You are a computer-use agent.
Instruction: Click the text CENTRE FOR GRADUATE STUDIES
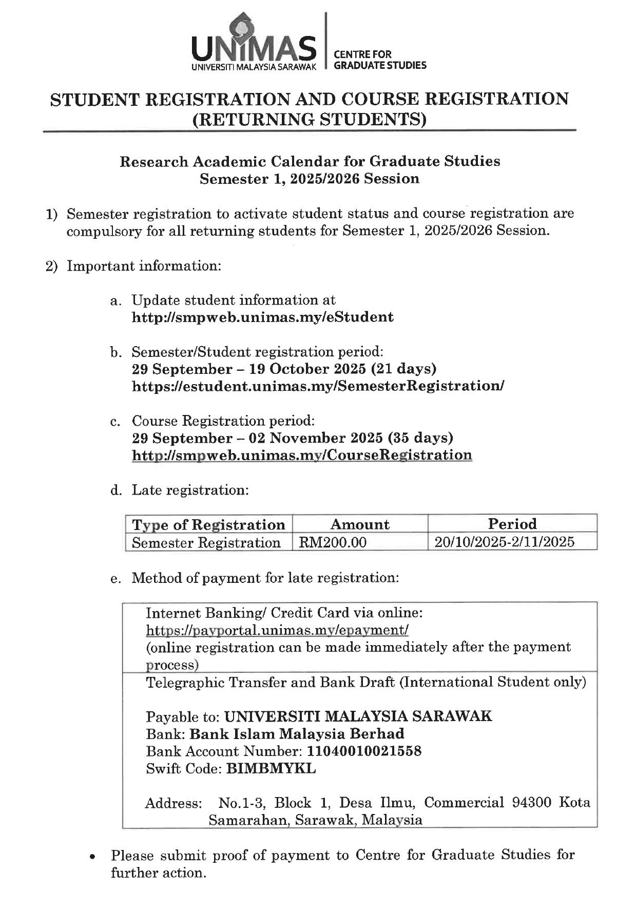[x=379, y=60]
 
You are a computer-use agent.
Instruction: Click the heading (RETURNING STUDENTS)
[x=309, y=119]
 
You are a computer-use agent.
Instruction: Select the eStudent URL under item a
[x=262, y=317]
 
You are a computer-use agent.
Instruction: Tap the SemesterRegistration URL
[x=318, y=386]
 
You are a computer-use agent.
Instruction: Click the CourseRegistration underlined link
[x=302, y=456]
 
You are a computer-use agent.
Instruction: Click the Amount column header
[x=360, y=524]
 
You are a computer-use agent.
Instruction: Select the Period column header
[x=512, y=524]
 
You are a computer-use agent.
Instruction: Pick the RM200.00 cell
[x=333, y=542]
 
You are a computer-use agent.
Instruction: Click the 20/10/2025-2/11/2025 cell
[x=504, y=542]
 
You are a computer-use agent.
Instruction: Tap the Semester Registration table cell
[x=206, y=543]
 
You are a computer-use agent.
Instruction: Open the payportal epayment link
[x=277, y=630]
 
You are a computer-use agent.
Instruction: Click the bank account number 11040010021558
[x=364, y=751]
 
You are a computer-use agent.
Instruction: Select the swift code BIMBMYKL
[x=271, y=769]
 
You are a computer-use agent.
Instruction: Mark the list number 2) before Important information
[x=52, y=267]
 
